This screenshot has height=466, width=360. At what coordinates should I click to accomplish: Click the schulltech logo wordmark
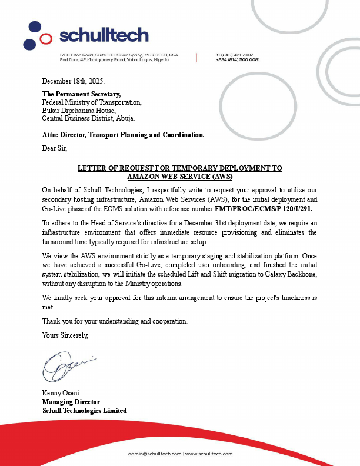(x=104, y=36)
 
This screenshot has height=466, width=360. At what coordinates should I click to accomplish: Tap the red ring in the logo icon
(x=46, y=40)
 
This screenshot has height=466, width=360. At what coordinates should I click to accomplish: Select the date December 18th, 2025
(x=74, y=80)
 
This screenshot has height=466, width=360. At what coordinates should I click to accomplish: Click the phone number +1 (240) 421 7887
(x=234, y=55)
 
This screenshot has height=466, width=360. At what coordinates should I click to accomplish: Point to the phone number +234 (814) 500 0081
(x=238, y=59)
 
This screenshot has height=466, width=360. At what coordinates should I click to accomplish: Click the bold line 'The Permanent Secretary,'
(x=82, y=94)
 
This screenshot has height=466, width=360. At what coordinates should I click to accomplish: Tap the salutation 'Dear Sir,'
(x=55, y=148)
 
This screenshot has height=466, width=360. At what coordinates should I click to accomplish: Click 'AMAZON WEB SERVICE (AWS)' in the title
(x=180, y=176)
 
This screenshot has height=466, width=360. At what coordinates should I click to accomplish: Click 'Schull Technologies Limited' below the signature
(x=84, y=410)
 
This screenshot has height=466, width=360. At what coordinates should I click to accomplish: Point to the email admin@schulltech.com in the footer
(x=155, y=454)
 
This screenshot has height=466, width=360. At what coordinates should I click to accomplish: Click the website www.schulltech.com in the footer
(x=209, y=454)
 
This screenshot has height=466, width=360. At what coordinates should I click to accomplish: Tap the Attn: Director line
(x=123, y=135)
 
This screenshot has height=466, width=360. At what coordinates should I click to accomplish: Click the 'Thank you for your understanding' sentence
(x=115, y=321)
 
